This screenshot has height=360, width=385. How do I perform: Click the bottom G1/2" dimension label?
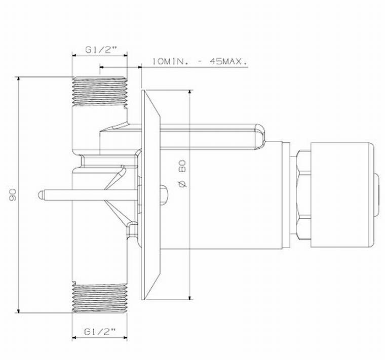coord(99,332)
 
